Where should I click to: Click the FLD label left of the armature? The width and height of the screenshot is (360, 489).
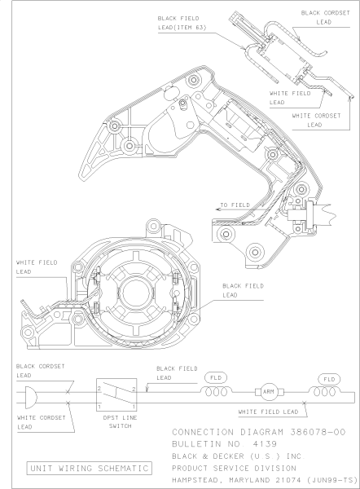click(x=217, y=378)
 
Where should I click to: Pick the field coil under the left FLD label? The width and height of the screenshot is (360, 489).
click(x=217, y=392)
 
